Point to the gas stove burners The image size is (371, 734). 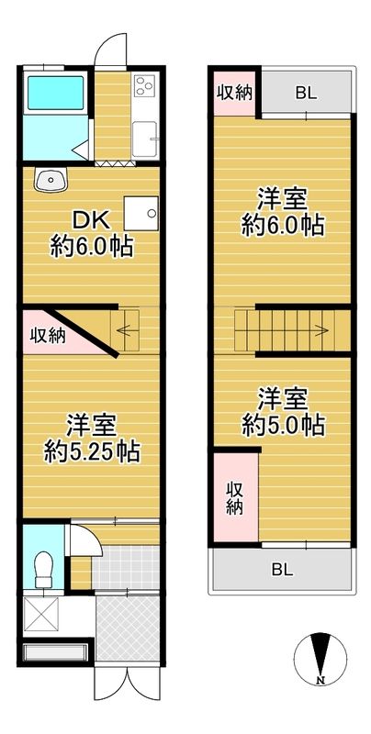[144, 87]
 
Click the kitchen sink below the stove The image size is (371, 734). [145, 139]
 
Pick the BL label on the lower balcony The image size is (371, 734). [282, 569]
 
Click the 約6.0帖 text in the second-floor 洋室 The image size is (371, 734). [282, 225]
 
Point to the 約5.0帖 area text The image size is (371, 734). [282, 425]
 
